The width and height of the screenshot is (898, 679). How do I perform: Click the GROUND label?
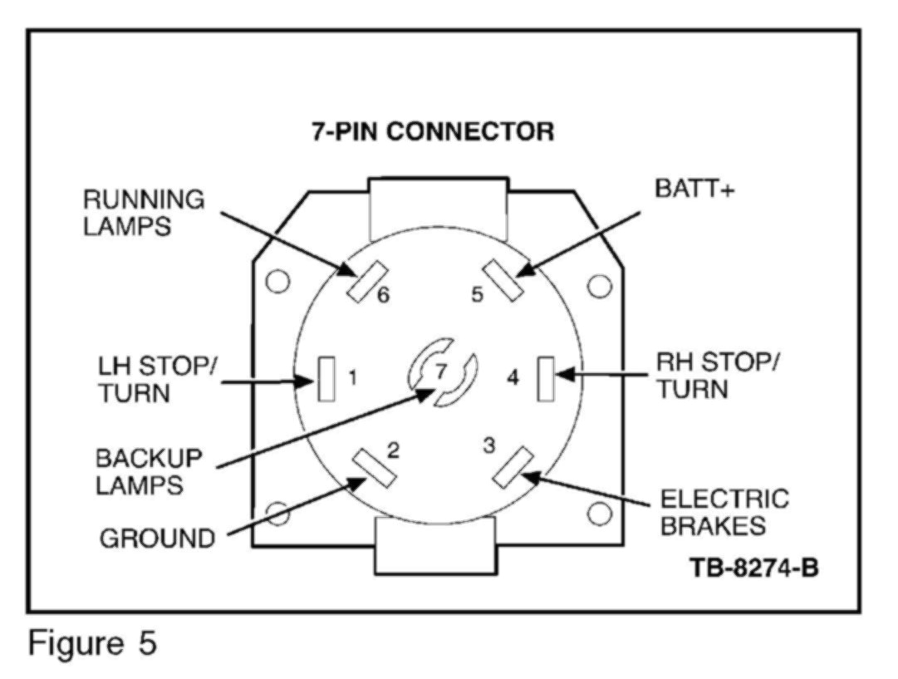[158, 539]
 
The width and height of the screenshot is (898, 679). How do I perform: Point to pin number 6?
[384, 296]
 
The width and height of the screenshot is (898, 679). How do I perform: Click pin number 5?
[478, 295]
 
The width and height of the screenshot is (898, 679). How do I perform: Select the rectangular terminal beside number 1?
[326, 380]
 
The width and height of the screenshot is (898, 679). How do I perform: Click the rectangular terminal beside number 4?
[546, 378]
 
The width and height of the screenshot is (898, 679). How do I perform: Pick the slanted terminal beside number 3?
[513, 468]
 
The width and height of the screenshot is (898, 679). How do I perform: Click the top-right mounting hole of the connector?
[598, 285]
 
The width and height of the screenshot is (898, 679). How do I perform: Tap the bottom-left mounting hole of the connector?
[275, 511]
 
